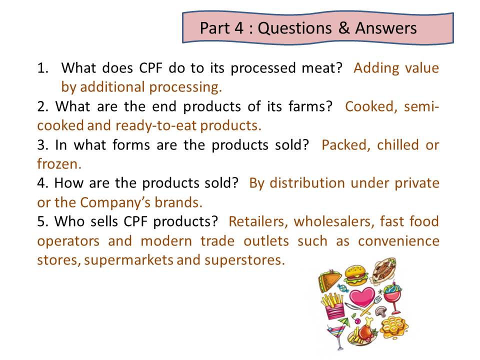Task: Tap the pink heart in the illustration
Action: pos(362,296)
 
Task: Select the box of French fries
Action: pos(333,306)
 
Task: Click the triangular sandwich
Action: pos(329,280)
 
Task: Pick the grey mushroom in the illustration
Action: pos(381,311)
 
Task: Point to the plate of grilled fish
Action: pos(384,270)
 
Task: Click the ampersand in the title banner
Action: pos(344,27)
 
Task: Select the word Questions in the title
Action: pos(294,28)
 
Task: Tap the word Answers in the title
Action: pos(386,28)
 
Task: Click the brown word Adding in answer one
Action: pos(376,68)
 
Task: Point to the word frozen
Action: pos(59,164)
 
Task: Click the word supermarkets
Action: pos(128,260)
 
